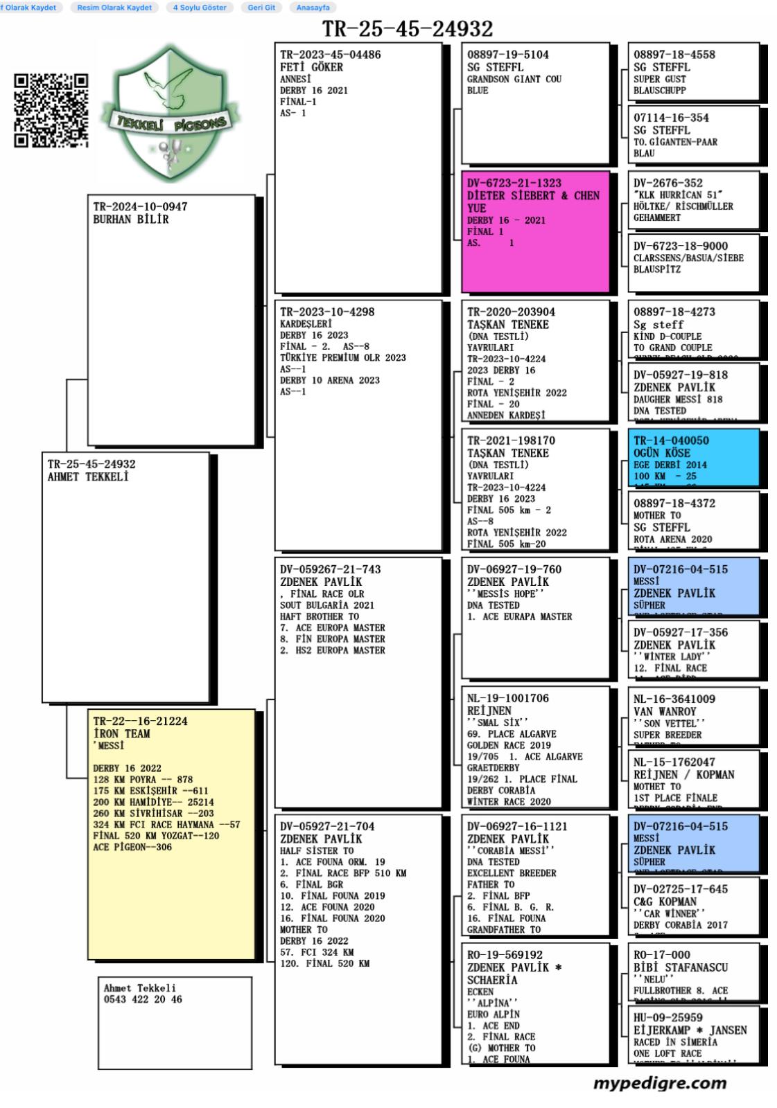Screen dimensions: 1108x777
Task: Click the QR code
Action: pyautogui.click(x=51, y=111)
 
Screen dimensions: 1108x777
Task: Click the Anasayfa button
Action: pyautogui.click(x=313, y=8)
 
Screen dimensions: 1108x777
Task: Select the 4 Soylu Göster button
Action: pyautogui.click(x=200, y=8)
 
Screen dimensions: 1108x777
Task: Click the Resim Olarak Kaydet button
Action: pyautogui.click(x=114, y=8)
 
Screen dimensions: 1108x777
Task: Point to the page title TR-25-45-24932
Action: pyautogui.click(x=408, y=29)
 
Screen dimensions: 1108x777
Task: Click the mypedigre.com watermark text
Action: pyautogui.click(x=660, y=1083)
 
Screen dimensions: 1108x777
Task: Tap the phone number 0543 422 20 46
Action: pyautogui.click(x=143, y=999)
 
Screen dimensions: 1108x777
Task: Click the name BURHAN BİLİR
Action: pyautogui.click(x=131, y=220)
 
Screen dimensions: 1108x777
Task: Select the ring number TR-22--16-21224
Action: pyautogui.click(x=141, y=721)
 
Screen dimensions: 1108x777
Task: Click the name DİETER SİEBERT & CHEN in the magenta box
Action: pyautogui.click(x=533, y=196)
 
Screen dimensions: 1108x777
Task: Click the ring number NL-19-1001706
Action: pyautogui.click(x=507, y=698)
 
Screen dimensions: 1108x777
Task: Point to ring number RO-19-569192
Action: pyautogui.click(x=505, y=955)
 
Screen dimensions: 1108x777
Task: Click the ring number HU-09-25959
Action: pyautogui.click(x=667, y=1017)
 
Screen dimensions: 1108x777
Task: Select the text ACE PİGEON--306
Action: pyautogui.click(x=132, y=847)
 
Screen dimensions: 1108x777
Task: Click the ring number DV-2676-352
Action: pyautogui.click(x=667, y=183)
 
